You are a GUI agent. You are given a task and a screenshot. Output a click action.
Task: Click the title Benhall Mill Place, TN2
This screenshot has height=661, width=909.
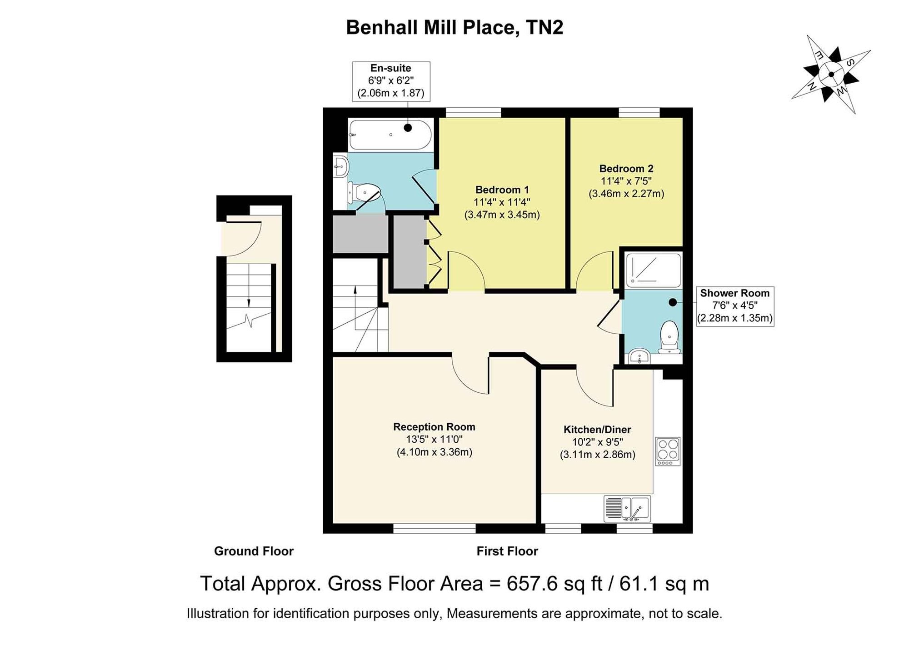point(454,27)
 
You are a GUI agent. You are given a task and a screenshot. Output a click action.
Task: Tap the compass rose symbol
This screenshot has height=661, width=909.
point(831,74)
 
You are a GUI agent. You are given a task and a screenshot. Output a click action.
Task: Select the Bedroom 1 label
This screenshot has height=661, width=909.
point(502,190)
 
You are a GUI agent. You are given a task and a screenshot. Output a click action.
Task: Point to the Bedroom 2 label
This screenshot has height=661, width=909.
point(626,169)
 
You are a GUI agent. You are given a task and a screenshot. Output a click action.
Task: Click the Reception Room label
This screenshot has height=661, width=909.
point(434,427)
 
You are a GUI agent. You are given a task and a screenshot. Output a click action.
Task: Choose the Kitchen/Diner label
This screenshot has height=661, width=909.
point(597,430)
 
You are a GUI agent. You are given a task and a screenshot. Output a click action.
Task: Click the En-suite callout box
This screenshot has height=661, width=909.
point(391,81)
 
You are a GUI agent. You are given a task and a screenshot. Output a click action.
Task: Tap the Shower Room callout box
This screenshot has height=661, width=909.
point(735,306)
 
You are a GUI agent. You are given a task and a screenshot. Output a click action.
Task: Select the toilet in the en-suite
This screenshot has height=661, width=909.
point(364,193)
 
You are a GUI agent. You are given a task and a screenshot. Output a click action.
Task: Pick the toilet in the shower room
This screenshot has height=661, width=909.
point(669,337)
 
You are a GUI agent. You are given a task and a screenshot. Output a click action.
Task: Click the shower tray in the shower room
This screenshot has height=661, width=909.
point(654,270)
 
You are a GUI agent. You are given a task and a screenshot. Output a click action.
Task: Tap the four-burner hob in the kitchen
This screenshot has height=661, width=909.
point(668,451)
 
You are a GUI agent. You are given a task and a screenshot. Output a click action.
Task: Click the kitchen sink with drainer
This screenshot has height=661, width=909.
point(627,509)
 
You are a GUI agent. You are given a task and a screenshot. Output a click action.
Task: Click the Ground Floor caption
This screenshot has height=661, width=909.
point(254,551)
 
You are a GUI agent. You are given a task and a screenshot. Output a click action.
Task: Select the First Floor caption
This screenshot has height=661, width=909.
point(507,551)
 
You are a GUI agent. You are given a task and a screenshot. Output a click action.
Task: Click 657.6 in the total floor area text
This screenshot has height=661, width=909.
point(532,584)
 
